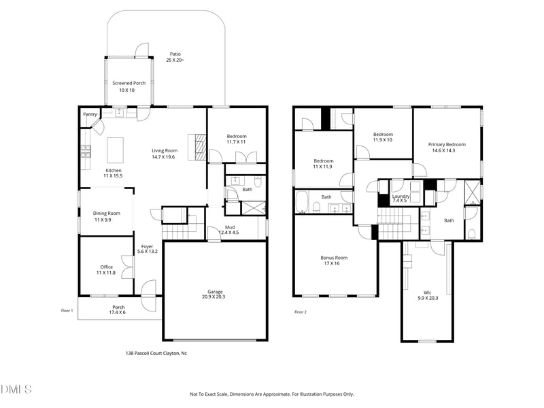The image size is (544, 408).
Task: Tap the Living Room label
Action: tap(164, 151)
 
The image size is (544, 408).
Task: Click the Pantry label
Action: tap(90, 114)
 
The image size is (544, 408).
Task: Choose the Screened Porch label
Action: tap(129, 83)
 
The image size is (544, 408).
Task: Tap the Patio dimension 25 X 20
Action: tap(175, 61)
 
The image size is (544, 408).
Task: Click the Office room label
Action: tap(105, 267)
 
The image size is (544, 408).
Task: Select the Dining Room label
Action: tap(106, 214)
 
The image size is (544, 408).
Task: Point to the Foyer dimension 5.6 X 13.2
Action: tap(147, 252)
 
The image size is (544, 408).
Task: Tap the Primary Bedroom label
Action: tap(447, 144)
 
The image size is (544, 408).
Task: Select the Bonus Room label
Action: tap(334, 258)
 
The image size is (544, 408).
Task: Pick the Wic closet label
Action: tap(428, 292)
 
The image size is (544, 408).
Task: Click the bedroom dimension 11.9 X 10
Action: tap(383, 139)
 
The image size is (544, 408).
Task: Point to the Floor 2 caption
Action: tap(301, 312)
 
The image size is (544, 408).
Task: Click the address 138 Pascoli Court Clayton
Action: tap(156, 353)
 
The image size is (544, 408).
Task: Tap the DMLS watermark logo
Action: tap(16, 390)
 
